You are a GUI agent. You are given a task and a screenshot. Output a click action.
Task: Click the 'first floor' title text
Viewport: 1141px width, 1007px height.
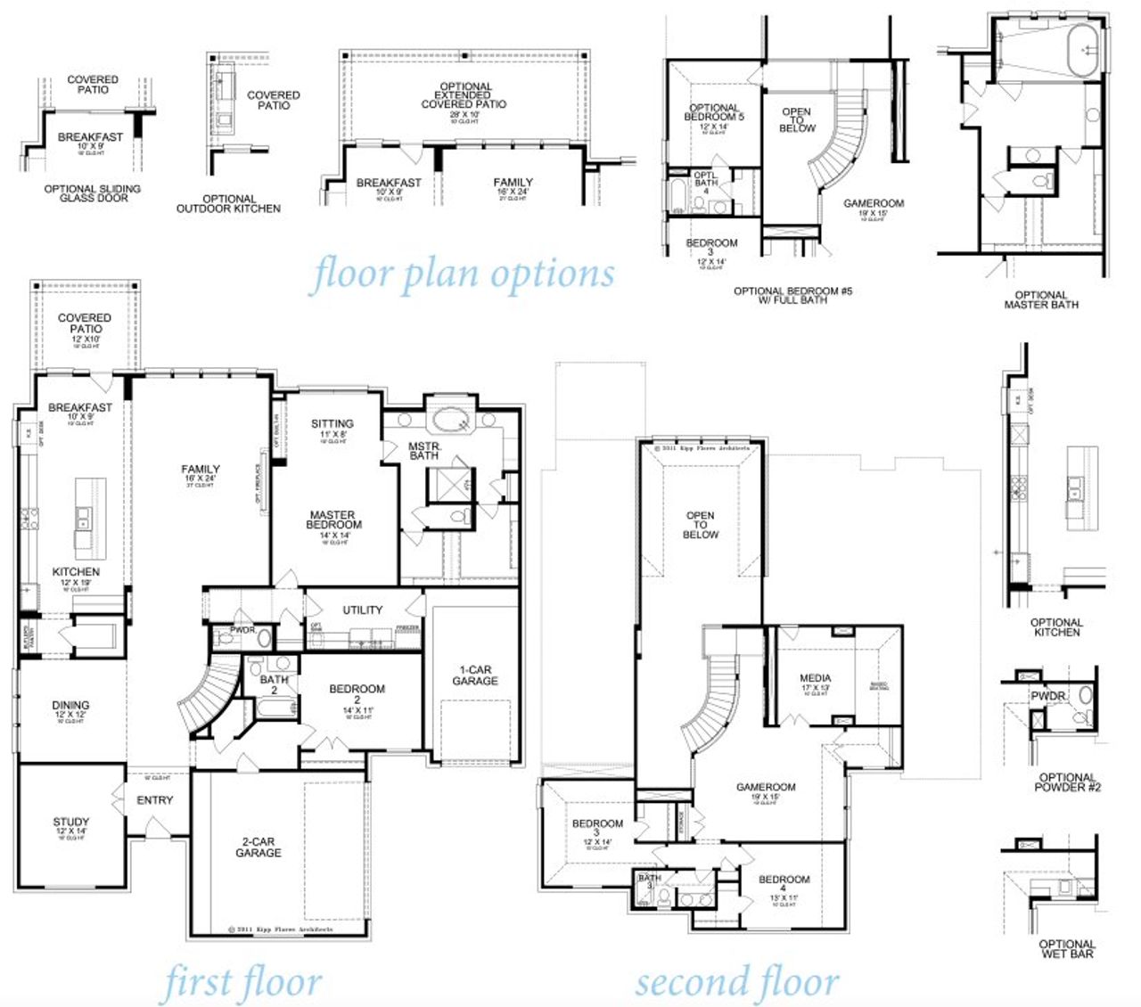point(242,983)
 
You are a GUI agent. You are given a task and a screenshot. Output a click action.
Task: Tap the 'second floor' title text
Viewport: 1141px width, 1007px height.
point(737,982)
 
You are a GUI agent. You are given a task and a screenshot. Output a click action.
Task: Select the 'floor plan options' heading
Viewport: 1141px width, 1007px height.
point(462,274)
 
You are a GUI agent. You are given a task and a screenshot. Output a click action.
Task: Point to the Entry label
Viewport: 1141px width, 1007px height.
point(155,800)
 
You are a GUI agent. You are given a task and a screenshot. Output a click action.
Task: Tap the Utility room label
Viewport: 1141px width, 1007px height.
point(363,610)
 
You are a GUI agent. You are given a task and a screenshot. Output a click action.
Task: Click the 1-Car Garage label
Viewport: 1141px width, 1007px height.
point(475,675)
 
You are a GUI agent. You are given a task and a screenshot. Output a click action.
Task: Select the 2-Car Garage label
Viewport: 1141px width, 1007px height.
point(259,847)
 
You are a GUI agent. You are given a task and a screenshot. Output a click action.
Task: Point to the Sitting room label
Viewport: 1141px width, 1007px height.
point(332,424)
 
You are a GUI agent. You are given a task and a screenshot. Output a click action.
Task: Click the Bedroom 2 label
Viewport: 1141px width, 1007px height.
point(357,694)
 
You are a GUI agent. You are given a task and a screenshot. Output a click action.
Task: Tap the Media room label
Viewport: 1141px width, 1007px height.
point(815,678)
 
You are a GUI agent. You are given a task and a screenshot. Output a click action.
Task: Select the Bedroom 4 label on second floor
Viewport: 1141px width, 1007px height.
point(784,884)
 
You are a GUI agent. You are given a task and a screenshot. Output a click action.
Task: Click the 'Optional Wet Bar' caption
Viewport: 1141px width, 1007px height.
point(1067,949)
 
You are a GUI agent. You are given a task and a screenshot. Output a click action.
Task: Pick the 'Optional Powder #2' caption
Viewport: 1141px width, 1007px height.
point(1067,782)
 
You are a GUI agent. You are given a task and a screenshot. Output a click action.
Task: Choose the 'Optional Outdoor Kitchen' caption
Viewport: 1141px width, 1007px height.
point(229,204)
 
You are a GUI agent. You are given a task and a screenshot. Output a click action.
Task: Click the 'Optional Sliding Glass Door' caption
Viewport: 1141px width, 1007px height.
point(93,193)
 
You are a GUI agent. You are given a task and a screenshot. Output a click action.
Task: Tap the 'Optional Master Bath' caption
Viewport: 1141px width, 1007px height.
point(1041,300)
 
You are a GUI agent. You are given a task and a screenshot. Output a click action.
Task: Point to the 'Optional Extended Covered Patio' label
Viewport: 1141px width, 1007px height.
point(464,95)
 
